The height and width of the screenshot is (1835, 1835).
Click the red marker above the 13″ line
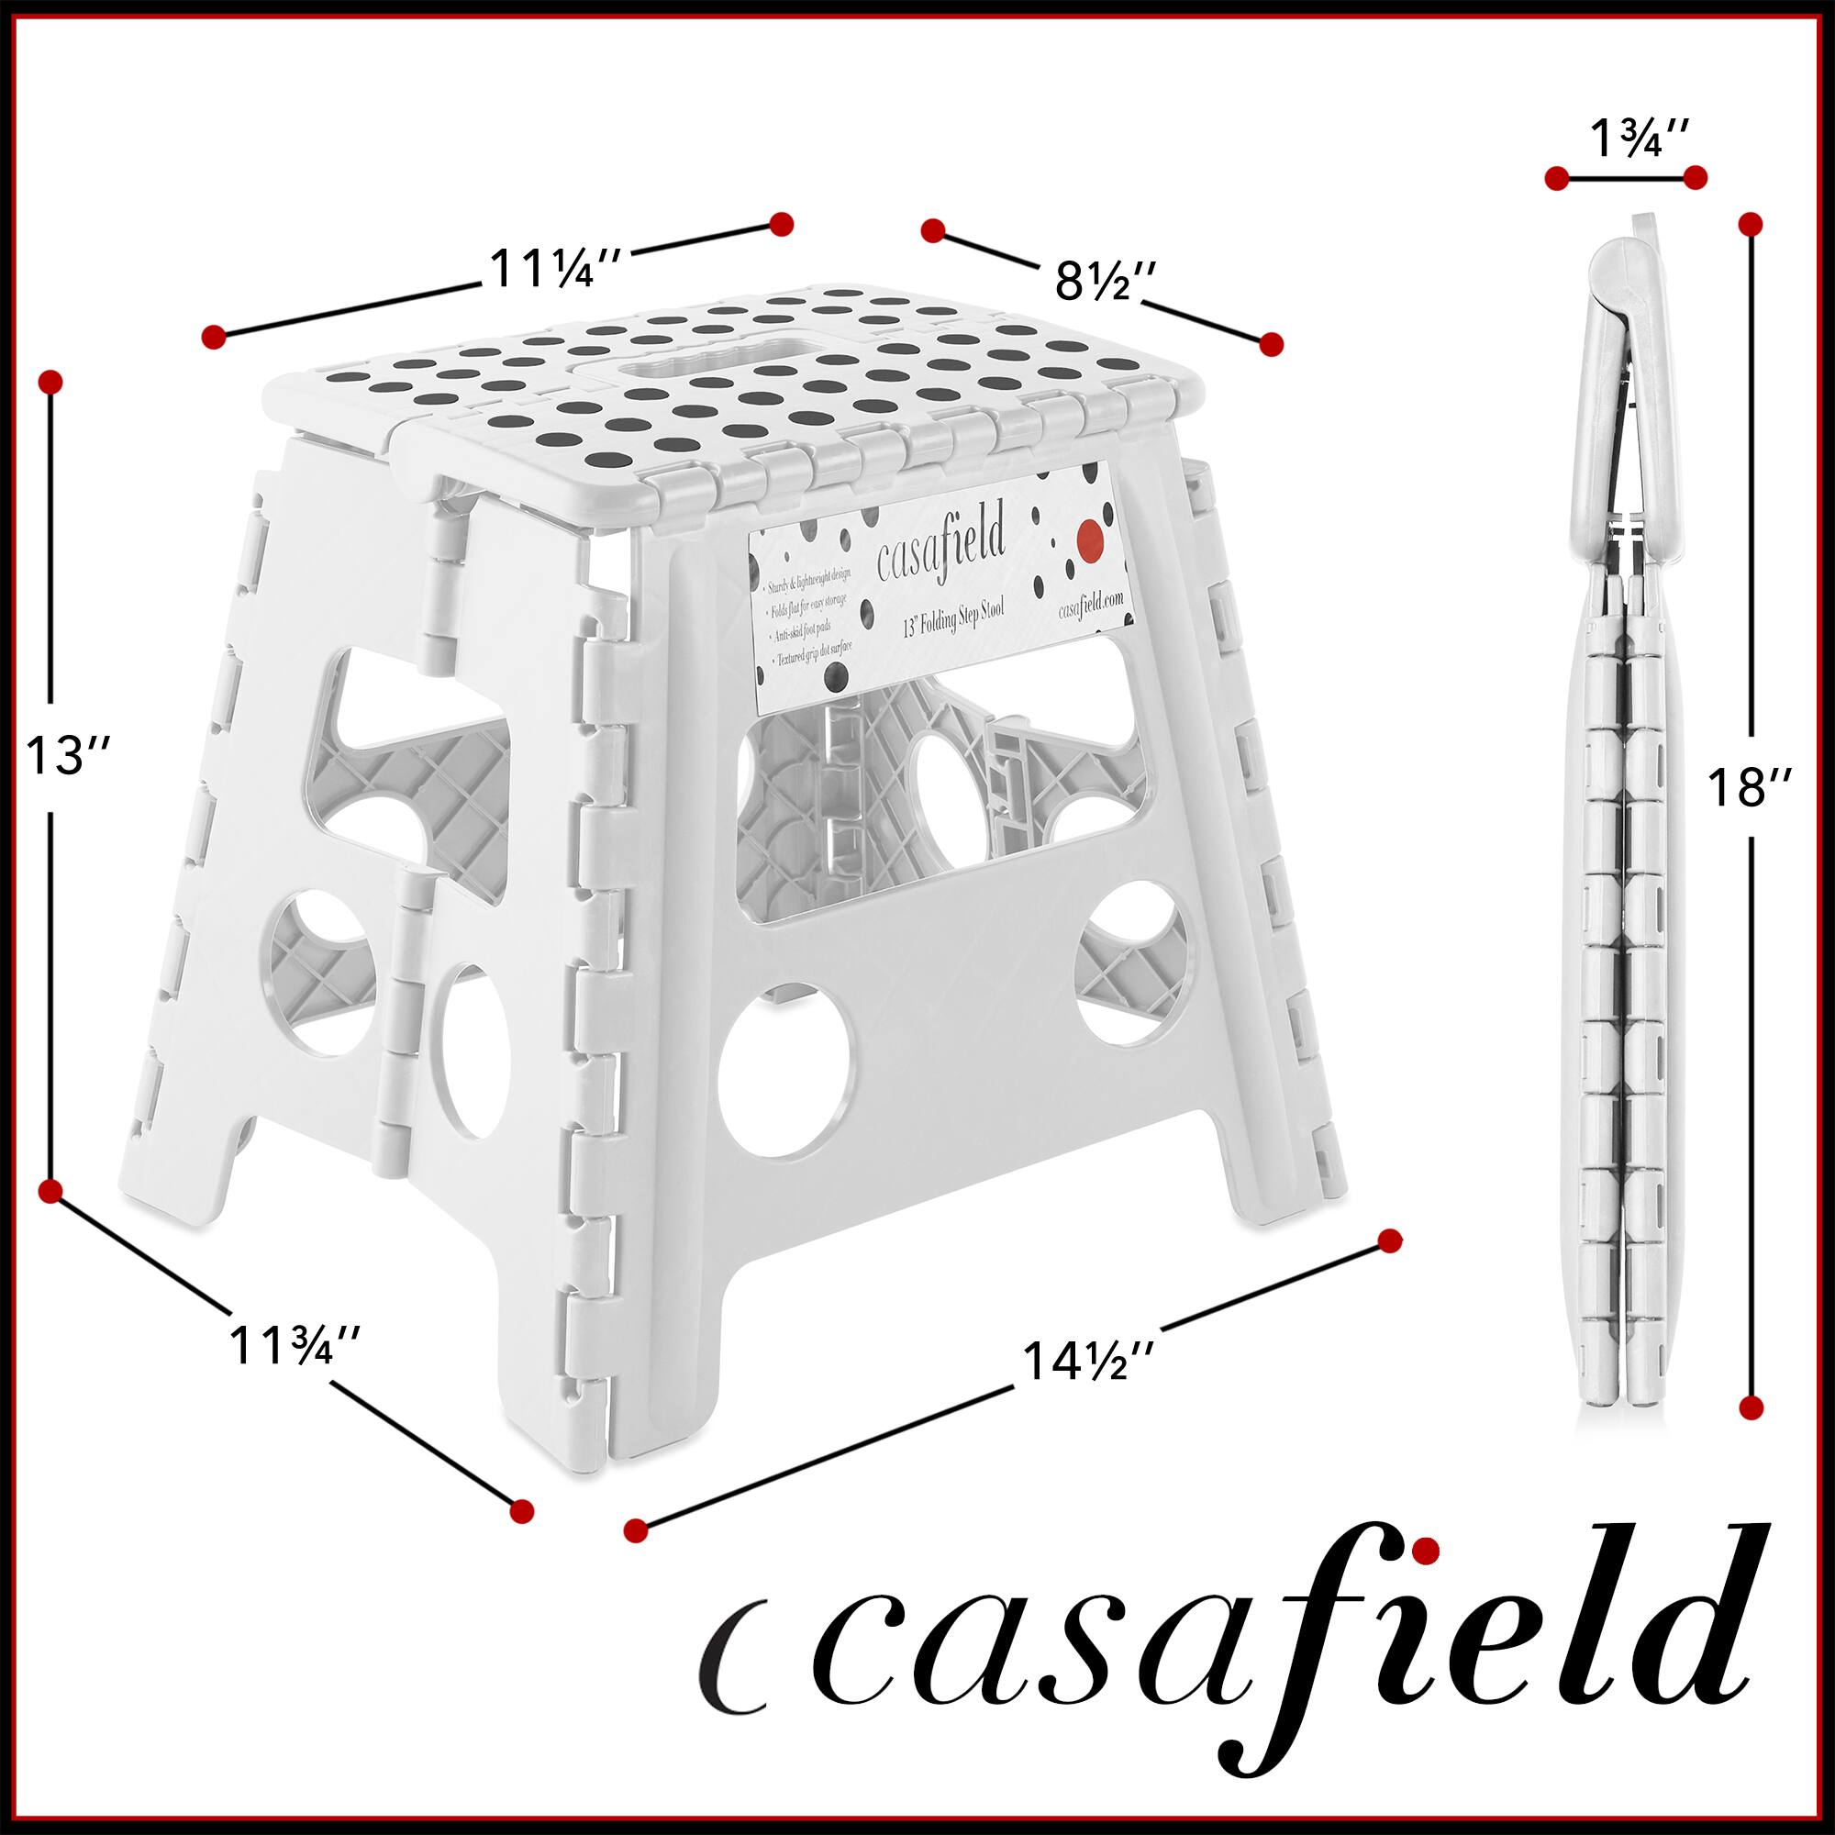50,382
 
